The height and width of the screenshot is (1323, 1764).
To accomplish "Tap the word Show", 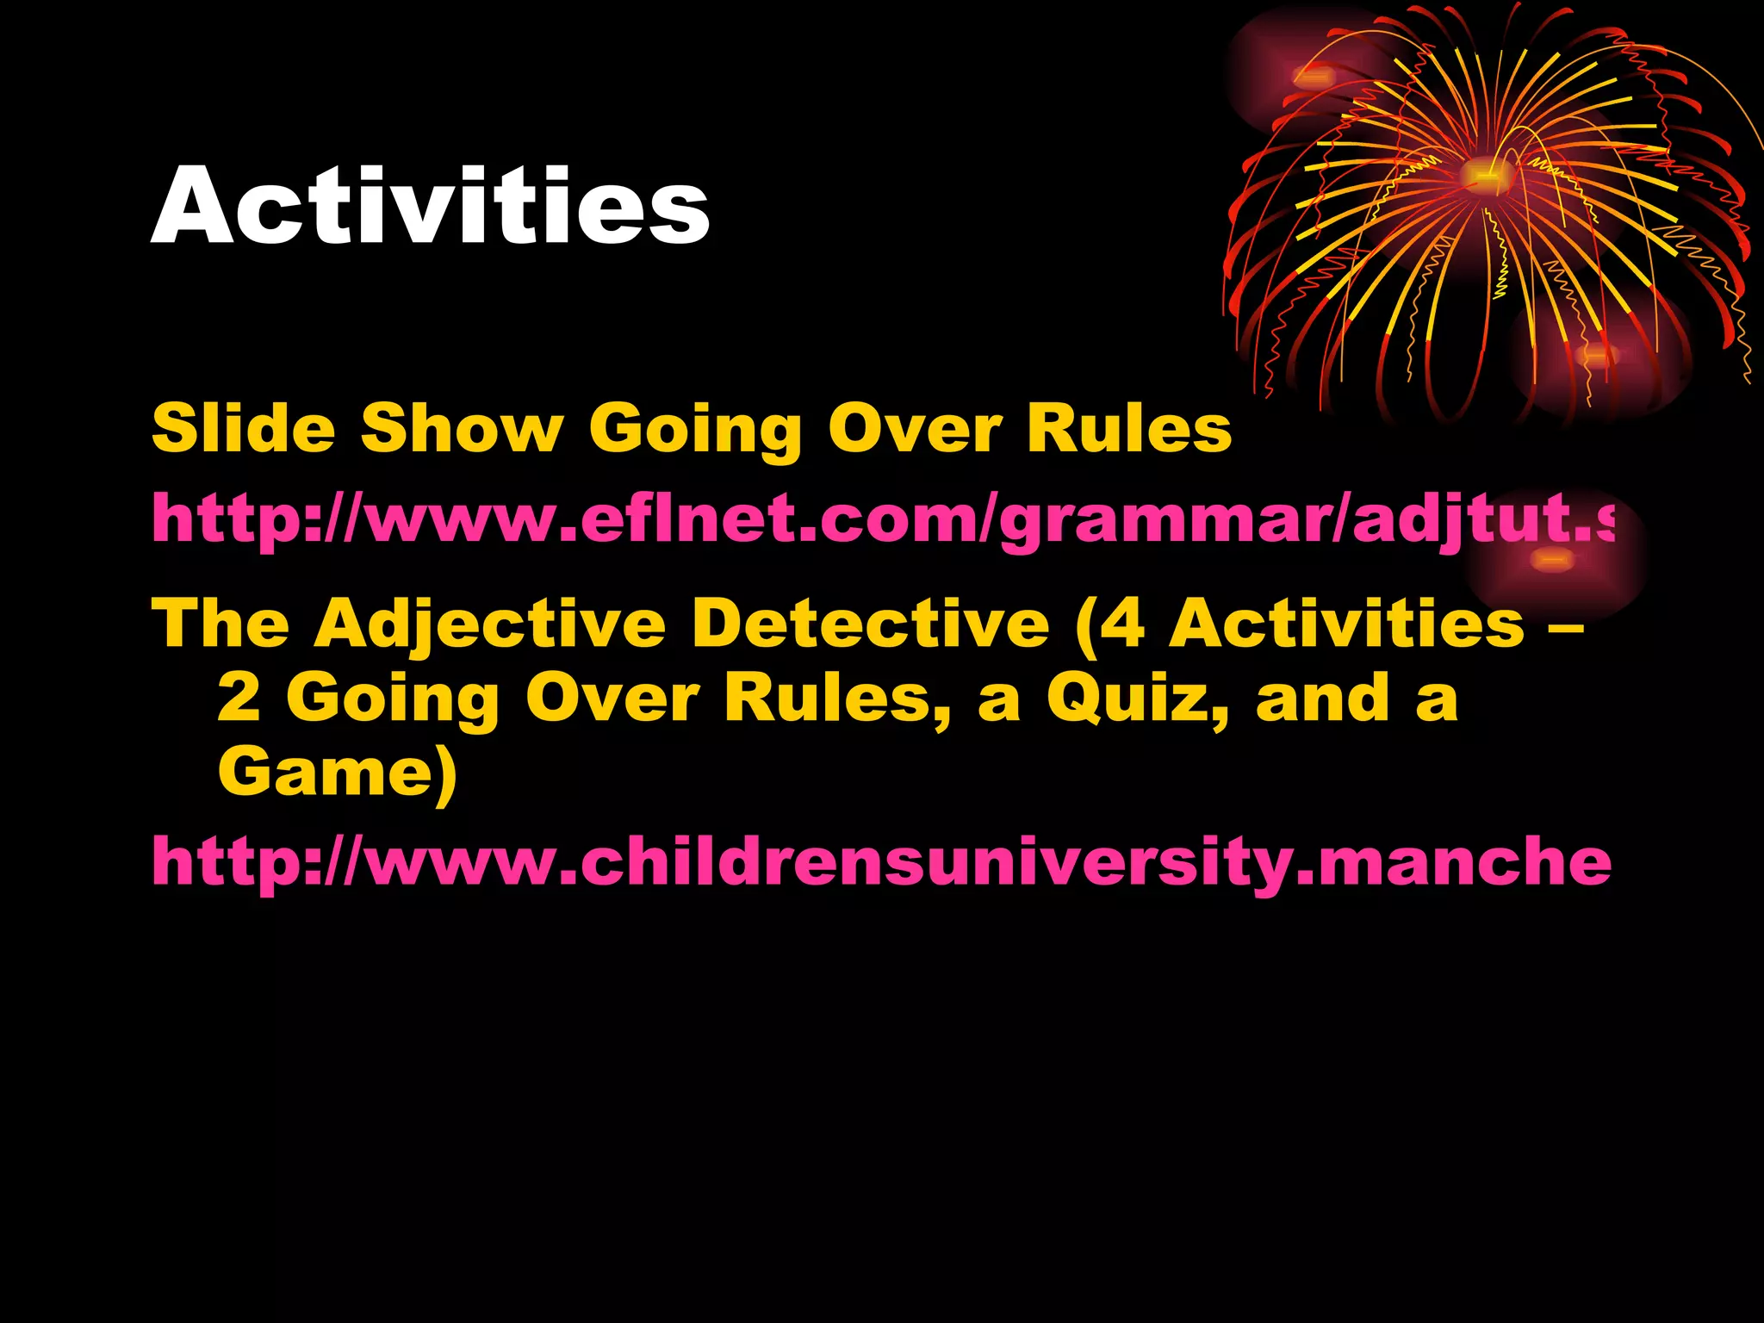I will pos(462,428).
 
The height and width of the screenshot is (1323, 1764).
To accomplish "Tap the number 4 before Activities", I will pos(1121,624).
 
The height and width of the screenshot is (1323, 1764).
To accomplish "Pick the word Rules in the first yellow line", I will pos(1128,428).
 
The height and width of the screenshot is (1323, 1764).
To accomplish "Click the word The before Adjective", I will pos(220,624).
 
